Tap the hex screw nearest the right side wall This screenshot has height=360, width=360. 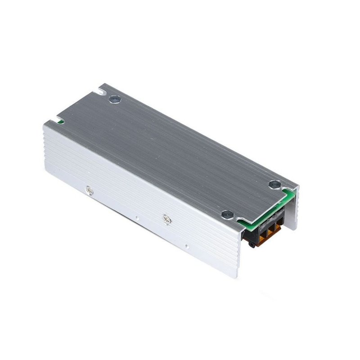tap(274, 184)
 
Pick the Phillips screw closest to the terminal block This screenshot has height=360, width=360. tap(166, 219)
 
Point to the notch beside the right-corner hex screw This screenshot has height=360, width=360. tap(288, 189)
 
